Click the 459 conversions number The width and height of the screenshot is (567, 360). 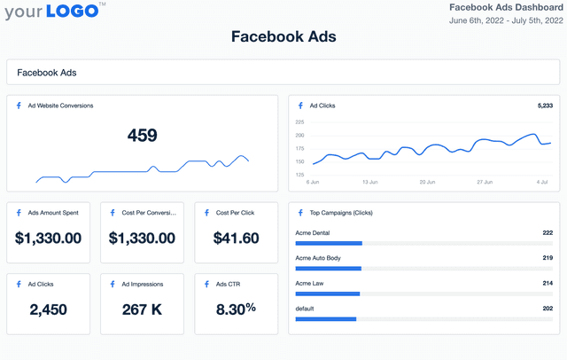[x=142, y=136]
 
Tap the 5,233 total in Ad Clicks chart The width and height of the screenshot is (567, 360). [x=544, y=106]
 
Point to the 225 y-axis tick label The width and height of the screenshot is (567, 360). [x=299, y=121]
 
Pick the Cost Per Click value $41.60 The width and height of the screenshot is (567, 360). [x=237, y=239]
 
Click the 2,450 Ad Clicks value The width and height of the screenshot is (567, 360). [x=48, y=309]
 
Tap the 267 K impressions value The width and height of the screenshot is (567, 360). [x=142, y=309]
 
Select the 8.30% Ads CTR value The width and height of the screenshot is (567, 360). [x=236, y=309]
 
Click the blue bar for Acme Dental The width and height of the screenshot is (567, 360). [x=329, y=242]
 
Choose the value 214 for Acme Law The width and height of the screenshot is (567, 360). [x=548, y=283]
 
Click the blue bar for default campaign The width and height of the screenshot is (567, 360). [x=325, y=318]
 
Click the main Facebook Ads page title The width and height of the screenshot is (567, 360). [x=283, y=37]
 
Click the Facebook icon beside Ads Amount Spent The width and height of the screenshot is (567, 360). [x=19, y=213]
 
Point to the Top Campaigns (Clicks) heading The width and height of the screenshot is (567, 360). [x=343, y=213]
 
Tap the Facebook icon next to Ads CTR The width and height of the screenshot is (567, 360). [x=207, y=284]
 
